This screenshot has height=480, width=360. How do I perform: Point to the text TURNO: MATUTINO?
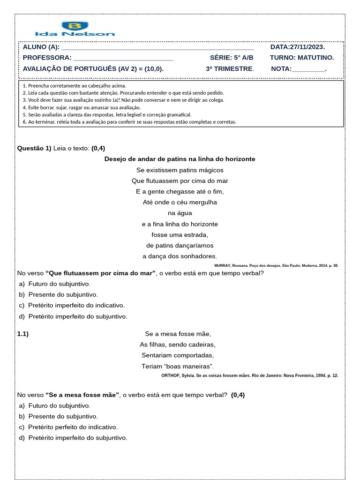302,58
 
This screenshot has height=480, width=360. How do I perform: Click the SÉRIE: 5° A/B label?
232,58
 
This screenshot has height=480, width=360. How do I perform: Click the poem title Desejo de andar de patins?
180,159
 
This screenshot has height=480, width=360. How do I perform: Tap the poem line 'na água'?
180,213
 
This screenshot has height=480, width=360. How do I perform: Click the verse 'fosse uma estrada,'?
180,235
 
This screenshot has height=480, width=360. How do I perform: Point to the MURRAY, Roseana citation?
276,265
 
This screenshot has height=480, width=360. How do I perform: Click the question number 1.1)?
23,334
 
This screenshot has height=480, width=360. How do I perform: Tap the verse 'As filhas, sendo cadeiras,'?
178,345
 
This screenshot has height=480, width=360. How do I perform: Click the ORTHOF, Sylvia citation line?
249,375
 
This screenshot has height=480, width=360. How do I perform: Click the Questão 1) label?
34,148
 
